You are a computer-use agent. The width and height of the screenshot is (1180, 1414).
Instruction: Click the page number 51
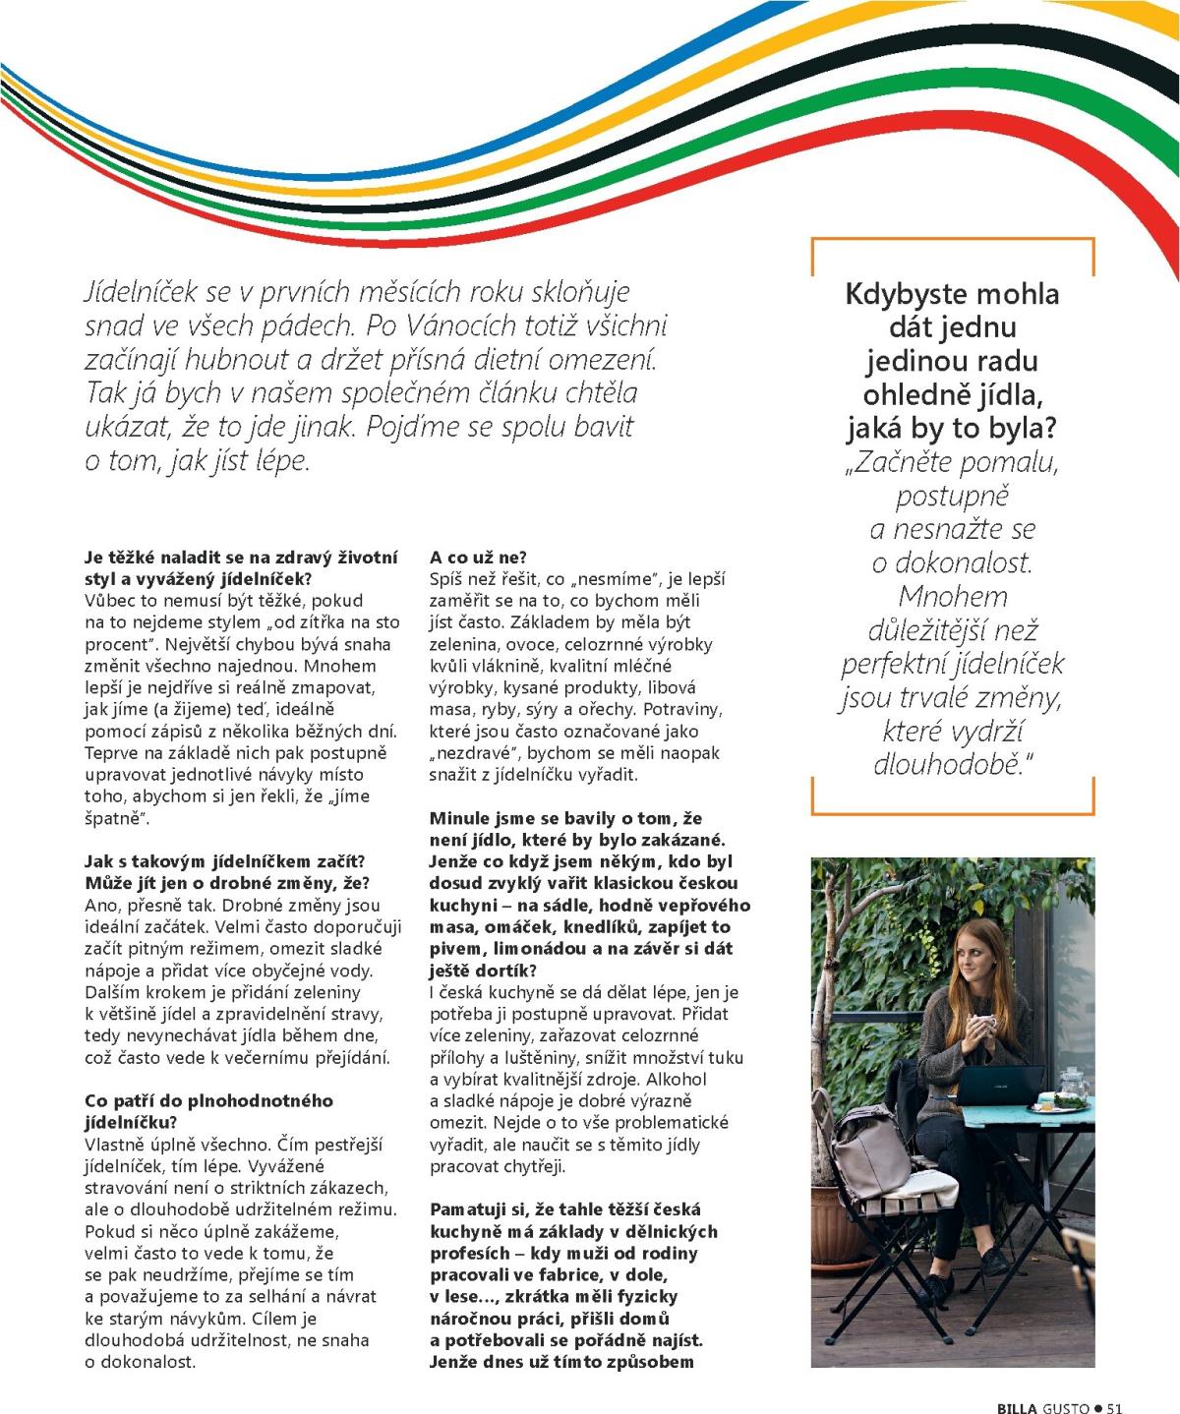[x=1114, y=1407]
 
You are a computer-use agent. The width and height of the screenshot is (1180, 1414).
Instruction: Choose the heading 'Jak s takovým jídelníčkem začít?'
[x=225, y=862]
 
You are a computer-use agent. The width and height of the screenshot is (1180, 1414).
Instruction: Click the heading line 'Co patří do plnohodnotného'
[x=208, y=1100]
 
